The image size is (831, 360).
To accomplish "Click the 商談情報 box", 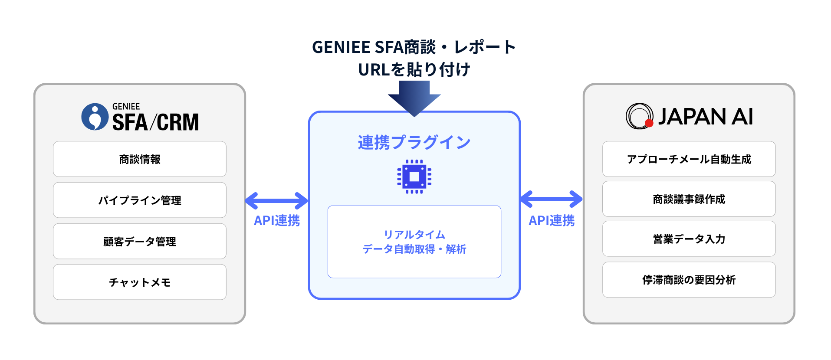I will pos(139,159).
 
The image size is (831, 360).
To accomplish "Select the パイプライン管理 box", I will pos(139,200).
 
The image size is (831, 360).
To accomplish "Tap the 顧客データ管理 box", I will pos(139,241).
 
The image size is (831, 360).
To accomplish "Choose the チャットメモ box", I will pos(139,282).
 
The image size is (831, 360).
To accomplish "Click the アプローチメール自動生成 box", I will pos(689,159).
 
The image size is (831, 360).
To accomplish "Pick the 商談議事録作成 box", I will pos(689,199).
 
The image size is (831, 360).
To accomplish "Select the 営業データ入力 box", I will pos(689,239).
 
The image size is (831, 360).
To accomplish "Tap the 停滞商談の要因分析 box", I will pos(689,280).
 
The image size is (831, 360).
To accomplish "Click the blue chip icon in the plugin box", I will pos(414,177).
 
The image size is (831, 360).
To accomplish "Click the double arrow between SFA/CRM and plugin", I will pos(276,201).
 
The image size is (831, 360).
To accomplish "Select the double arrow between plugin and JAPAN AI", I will pos(551,199).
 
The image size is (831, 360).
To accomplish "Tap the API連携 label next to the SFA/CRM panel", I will pos(276,221).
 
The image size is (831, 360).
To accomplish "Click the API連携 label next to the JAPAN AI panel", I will pos(551,221).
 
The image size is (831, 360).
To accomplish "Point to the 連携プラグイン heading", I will pos(414,142).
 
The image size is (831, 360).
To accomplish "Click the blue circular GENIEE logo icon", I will pos(95,117).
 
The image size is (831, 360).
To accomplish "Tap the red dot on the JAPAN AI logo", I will pos(649,123).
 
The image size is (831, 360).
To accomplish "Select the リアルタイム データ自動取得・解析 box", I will pos(414,242).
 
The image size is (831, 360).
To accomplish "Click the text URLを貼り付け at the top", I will pos(414,69).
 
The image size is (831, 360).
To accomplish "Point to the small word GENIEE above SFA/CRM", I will pos(126,107).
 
